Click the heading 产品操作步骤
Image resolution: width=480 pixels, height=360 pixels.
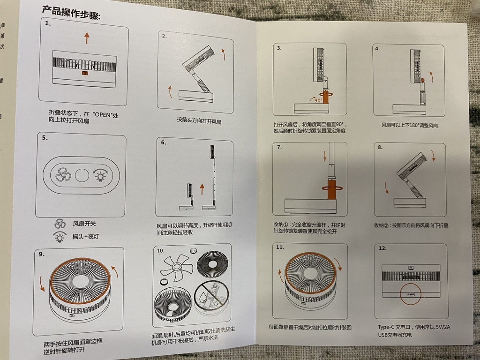pos(71,13)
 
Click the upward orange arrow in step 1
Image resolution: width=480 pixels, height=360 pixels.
pos(87,38)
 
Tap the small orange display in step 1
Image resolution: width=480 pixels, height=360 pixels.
pos(85,74)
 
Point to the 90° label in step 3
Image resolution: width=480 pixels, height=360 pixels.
pos(318,100)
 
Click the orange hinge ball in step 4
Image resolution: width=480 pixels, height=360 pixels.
pos(422,80)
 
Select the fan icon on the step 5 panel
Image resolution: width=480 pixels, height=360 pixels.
pos(63,175)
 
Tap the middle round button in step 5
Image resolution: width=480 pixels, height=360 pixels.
pos(82,176)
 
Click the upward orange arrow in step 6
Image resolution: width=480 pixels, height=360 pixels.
pos(202,189)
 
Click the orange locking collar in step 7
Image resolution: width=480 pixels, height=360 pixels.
pos(331,190)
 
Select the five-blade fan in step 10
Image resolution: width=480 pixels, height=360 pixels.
pos(177,267)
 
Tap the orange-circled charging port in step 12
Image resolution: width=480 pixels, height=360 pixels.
pos(411,294)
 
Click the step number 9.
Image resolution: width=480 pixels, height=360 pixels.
pos(42,254)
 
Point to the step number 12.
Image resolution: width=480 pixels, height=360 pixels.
pos(382,248)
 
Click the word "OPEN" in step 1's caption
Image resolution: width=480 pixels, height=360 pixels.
pos(102,115)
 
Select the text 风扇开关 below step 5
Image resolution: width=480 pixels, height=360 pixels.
pos(84,224)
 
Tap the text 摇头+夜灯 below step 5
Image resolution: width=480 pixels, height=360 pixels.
pos(86,237)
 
